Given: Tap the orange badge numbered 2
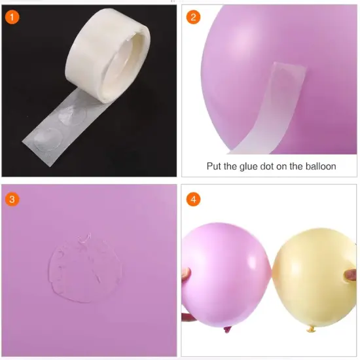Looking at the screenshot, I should click(x=192, y=17).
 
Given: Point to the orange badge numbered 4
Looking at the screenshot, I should click(x=192, y=198).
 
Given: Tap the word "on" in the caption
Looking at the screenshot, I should click(x=281, y=166).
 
